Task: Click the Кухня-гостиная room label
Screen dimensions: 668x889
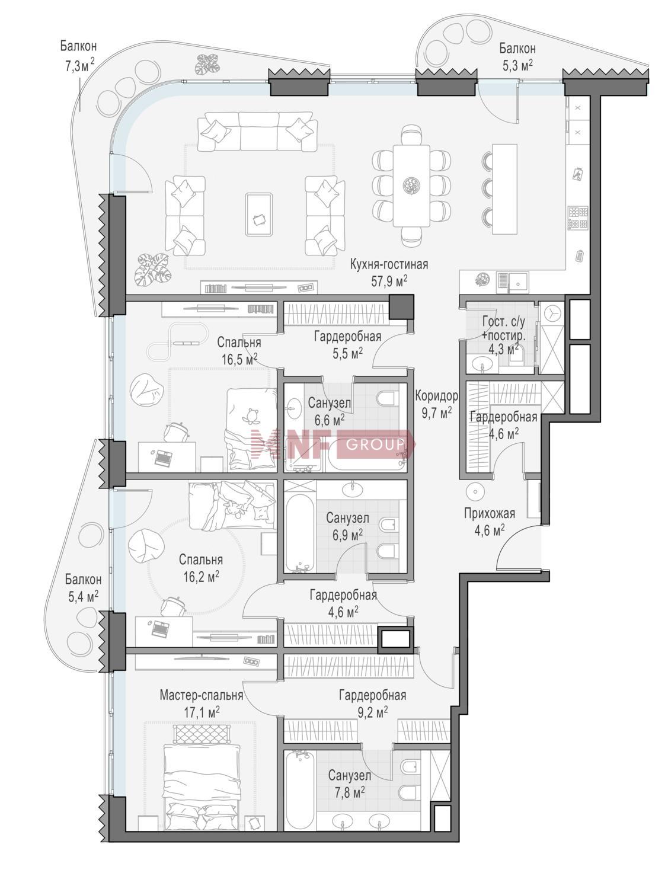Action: tap(389, 264)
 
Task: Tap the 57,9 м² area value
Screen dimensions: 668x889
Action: tap(389, 281)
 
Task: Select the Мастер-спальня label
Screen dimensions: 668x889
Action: tap(202, 695)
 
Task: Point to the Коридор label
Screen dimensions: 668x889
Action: tap(436, 396)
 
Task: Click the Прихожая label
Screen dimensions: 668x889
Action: tap(490, 514)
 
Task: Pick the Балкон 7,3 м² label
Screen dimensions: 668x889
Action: tap(79, 56)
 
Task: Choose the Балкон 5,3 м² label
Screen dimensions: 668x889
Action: tap(517, 57)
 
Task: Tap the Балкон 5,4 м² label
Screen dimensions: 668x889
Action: tap(84, 588)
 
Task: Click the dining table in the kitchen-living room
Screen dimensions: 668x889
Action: tap(411, 186)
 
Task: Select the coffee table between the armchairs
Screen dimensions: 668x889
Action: tap(258, 215)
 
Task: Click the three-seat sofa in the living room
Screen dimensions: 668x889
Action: tap(258, 132)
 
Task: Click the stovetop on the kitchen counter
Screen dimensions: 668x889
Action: tap(578, 218)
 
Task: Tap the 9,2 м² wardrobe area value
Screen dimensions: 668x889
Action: tap(370, 712)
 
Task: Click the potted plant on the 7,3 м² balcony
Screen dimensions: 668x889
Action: tap(207, 65)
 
